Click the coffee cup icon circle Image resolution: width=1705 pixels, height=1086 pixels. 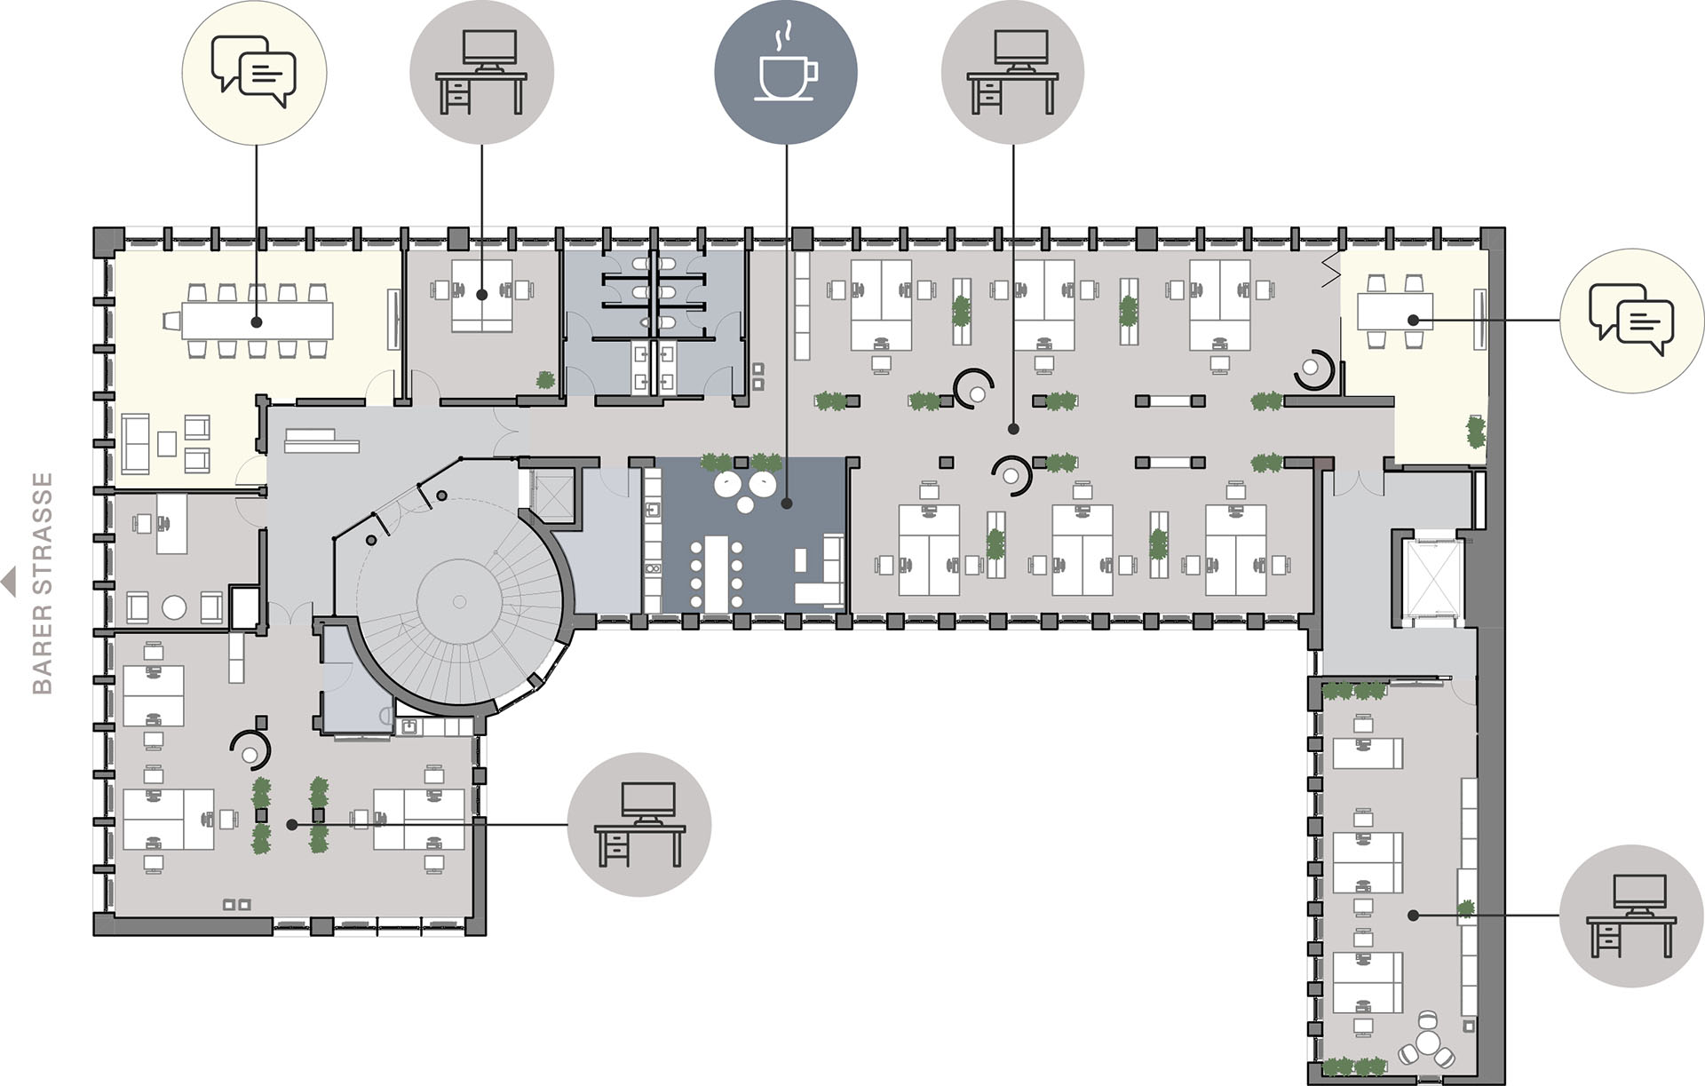coord(786,71)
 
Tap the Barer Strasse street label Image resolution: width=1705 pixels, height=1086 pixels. coord(43,583)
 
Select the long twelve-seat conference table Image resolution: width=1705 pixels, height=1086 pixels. coord(257,321)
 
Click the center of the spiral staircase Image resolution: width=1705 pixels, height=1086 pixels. coord(459,601)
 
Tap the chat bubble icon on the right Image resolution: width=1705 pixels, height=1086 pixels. coord(1631,321)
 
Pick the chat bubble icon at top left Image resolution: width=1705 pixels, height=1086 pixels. coord(254,72)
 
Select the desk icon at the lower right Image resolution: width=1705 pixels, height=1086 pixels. coord(1631,916)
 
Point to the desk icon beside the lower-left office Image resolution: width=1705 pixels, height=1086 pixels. coord(639,825)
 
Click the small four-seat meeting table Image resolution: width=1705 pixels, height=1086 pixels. coord(1394,312)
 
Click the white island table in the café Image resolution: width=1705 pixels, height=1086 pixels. coord(716,573)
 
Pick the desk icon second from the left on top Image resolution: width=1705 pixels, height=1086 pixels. coord(481,72)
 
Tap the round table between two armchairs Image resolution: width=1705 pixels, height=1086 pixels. coord(175,607)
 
